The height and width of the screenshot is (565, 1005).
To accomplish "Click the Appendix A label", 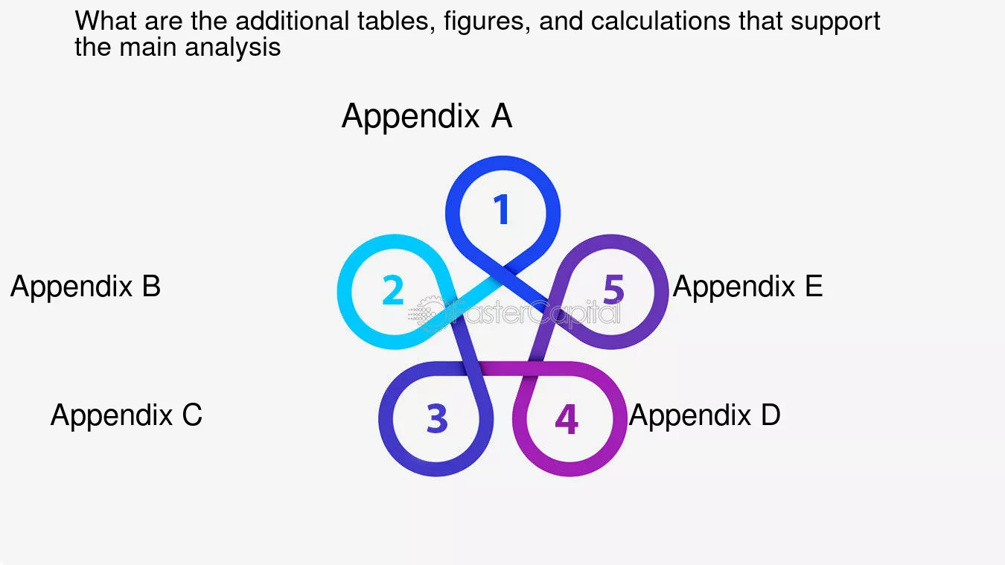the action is (x=427, y=116).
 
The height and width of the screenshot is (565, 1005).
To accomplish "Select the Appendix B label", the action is (x=86, y=287).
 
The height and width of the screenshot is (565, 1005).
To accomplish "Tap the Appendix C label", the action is (x=127, y=415).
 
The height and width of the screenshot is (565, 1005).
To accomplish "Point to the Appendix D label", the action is (x=704, y=415).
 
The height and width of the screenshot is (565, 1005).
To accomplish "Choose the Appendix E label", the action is (x=747, y=287).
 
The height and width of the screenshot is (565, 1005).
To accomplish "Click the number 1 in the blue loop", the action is (x=502, y=209).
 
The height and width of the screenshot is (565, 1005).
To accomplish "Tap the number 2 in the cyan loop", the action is (x=393, y=290).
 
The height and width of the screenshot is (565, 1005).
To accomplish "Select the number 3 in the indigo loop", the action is (x=437, y=418).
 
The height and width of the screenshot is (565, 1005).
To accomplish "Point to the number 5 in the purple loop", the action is (x=613, y=290).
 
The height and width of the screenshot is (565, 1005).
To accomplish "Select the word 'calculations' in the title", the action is (x=660, y=21).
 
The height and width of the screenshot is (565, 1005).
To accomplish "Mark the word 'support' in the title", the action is (x=835, y=22).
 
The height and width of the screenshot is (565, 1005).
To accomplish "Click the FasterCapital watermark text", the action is (x=536, y=312).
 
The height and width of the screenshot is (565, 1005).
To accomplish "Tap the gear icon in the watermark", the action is (x=429, y=313).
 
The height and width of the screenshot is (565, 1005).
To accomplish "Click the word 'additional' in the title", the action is (x=292, y=21).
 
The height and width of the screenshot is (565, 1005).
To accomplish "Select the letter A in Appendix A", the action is (x=501, y=115).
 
